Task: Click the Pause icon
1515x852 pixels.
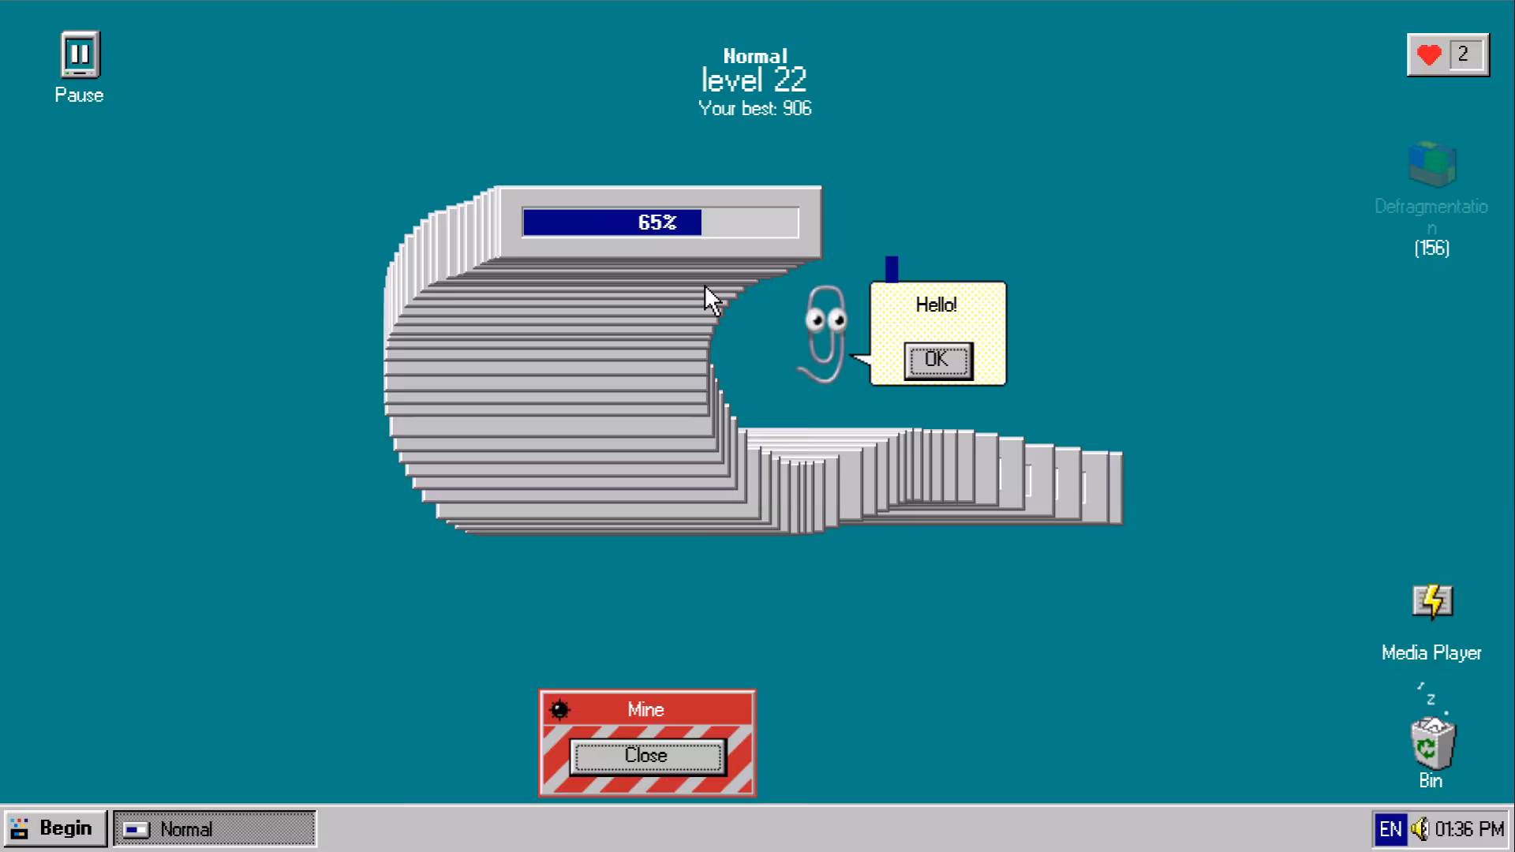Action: pyautogui.click(x=80, y=54)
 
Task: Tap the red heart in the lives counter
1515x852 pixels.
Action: pyautogui.click(x=1429, y=55)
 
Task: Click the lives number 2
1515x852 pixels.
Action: pyautogui.click(x=1463, y=54)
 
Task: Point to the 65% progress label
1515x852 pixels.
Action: pyautogui.click(x=657, y=222)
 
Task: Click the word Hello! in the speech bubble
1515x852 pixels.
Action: pyautogui.click(x=937, y=305)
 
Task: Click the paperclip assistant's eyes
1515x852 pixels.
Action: pyautogui.click(x=825, y=319)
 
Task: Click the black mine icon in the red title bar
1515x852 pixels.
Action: pyautogui.click(x=559, y=709)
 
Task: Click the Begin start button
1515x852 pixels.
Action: pyautogui.click(x=54, y=829)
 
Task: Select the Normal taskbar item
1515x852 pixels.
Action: pyautogui.click(x=215, y=829)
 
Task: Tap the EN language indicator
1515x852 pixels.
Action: pyautogui.click(x=1390, y=829)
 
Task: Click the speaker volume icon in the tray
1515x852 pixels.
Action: pyautogui.click(x=1420, y=829)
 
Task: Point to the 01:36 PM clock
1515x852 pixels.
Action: pyautogui.click(x=1469, y=829)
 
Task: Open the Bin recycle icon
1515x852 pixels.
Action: pyautogui.click(x=1432, y=742)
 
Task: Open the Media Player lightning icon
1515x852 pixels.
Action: pyautogui.click(x=1432, y=602)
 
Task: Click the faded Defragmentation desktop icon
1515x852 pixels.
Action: pyautogui.click(x=1432, y=163)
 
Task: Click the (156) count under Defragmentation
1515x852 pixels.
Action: pyautogui.click(x=1432, y=248)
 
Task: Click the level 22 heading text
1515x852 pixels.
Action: pyautogui.click(x=754, y=80)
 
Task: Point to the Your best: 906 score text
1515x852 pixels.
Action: pyautogui.click(x=755, y=109)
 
